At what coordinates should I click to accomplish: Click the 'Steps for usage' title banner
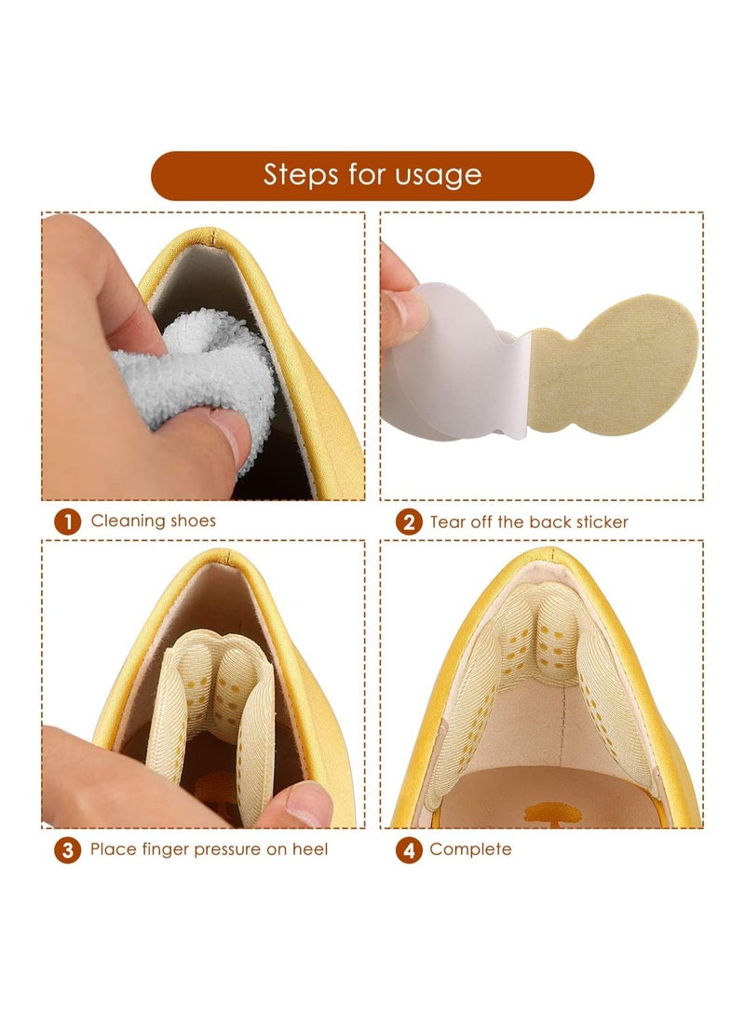point(372,176)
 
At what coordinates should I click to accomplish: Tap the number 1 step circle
point(67,522)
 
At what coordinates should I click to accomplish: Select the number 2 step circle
point(409,522)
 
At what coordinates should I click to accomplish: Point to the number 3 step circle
point(67,850)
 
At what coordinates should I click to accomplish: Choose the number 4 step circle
point(409,850)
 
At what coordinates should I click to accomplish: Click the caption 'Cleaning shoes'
point(153,521)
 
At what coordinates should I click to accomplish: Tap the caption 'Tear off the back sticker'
point(529,522)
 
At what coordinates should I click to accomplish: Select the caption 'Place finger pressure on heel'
point(209,849)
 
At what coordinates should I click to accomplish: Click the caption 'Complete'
point(470,849)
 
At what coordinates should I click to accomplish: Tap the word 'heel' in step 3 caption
point(310,848)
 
